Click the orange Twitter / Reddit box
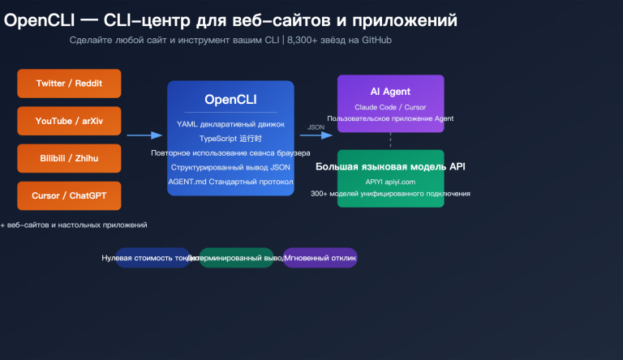[69, 84]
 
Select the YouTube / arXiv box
[69, 121]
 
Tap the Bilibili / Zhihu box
[69, 158]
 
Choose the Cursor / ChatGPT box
[69, 195]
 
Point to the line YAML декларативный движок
[230, 124]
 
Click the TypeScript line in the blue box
[230, 139]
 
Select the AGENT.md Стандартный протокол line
[230, 181]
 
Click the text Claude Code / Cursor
[390, 106]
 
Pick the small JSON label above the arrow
[316, 126]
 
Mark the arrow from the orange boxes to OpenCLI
[144, 136]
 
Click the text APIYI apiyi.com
[390, 182]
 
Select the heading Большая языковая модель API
[390, 167]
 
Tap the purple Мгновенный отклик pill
[320, 258]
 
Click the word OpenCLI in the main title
[41, 19]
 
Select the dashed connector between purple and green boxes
[391, 139]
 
